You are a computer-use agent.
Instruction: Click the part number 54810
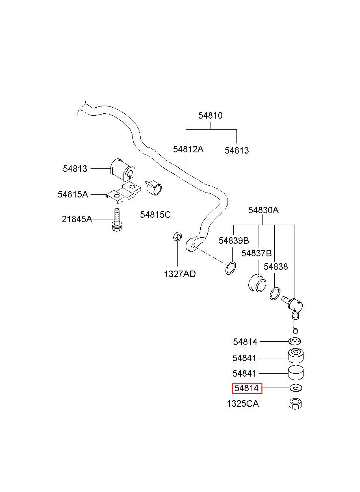[210, 115]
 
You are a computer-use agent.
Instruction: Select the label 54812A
[188, 150]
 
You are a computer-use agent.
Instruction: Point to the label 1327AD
[180, 274]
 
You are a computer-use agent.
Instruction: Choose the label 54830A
[263, 210]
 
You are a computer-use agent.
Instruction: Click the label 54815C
[155, 215]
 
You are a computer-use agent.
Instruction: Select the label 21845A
[77, 219]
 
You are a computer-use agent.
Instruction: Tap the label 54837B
[256, 253]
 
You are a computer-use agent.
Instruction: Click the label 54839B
[234, 241]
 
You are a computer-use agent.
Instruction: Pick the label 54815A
[73, 194]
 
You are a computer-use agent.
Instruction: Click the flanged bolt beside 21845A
[117, 220]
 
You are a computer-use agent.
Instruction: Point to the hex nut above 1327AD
[177, 237]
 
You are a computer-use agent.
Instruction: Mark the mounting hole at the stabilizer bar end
[193, 246]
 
